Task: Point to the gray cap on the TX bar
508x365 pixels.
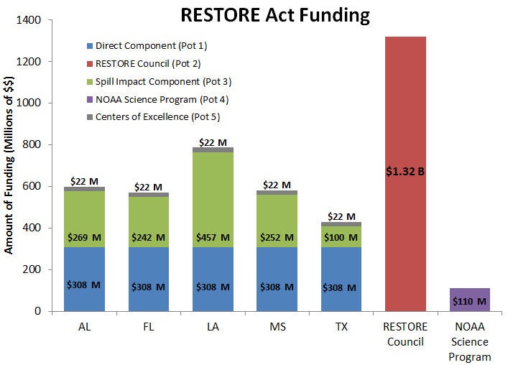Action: pyautogui.click(x=341, y=224)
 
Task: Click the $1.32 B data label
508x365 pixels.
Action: pyautogui.click(x=406, y=172)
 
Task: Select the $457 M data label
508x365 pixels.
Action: pyautogui.click(x=213, y=238)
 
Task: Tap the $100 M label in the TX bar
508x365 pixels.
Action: pyautogui.click(x=341, y=238)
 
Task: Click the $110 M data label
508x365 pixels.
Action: pyautogui.click(x=469, y=301)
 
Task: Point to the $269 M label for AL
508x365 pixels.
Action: pyautogui.click(x=84, y=238)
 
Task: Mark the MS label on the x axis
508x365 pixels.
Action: pyautogui.click(x=277, y=326)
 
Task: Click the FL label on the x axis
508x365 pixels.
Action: pyautogui.click(x=149, y=326)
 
